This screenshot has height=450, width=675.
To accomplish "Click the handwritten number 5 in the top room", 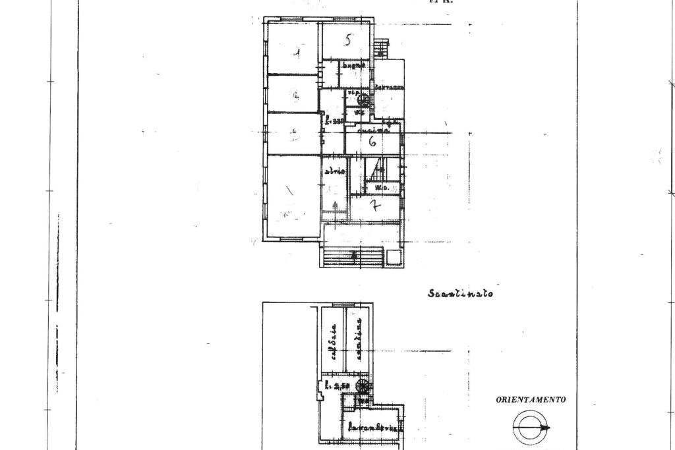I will tap(348, 40).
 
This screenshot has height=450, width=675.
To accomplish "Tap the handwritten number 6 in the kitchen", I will tap(372, 140).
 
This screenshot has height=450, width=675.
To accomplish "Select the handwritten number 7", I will tap(374, 206).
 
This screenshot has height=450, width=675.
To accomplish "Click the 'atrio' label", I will tap(334, 171).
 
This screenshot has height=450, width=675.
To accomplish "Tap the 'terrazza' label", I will tap(389, 88).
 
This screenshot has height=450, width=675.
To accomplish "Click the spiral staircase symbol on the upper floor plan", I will tap(362, 100).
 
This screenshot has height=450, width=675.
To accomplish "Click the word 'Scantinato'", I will tap(460, 293).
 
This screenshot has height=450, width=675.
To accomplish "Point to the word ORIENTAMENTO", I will tap(531, 399).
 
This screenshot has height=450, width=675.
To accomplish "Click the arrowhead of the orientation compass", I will tap(547, 428).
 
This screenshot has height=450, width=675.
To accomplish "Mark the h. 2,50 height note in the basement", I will tap(336, 385).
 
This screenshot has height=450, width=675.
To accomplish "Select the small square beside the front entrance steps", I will tap(393, 257).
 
